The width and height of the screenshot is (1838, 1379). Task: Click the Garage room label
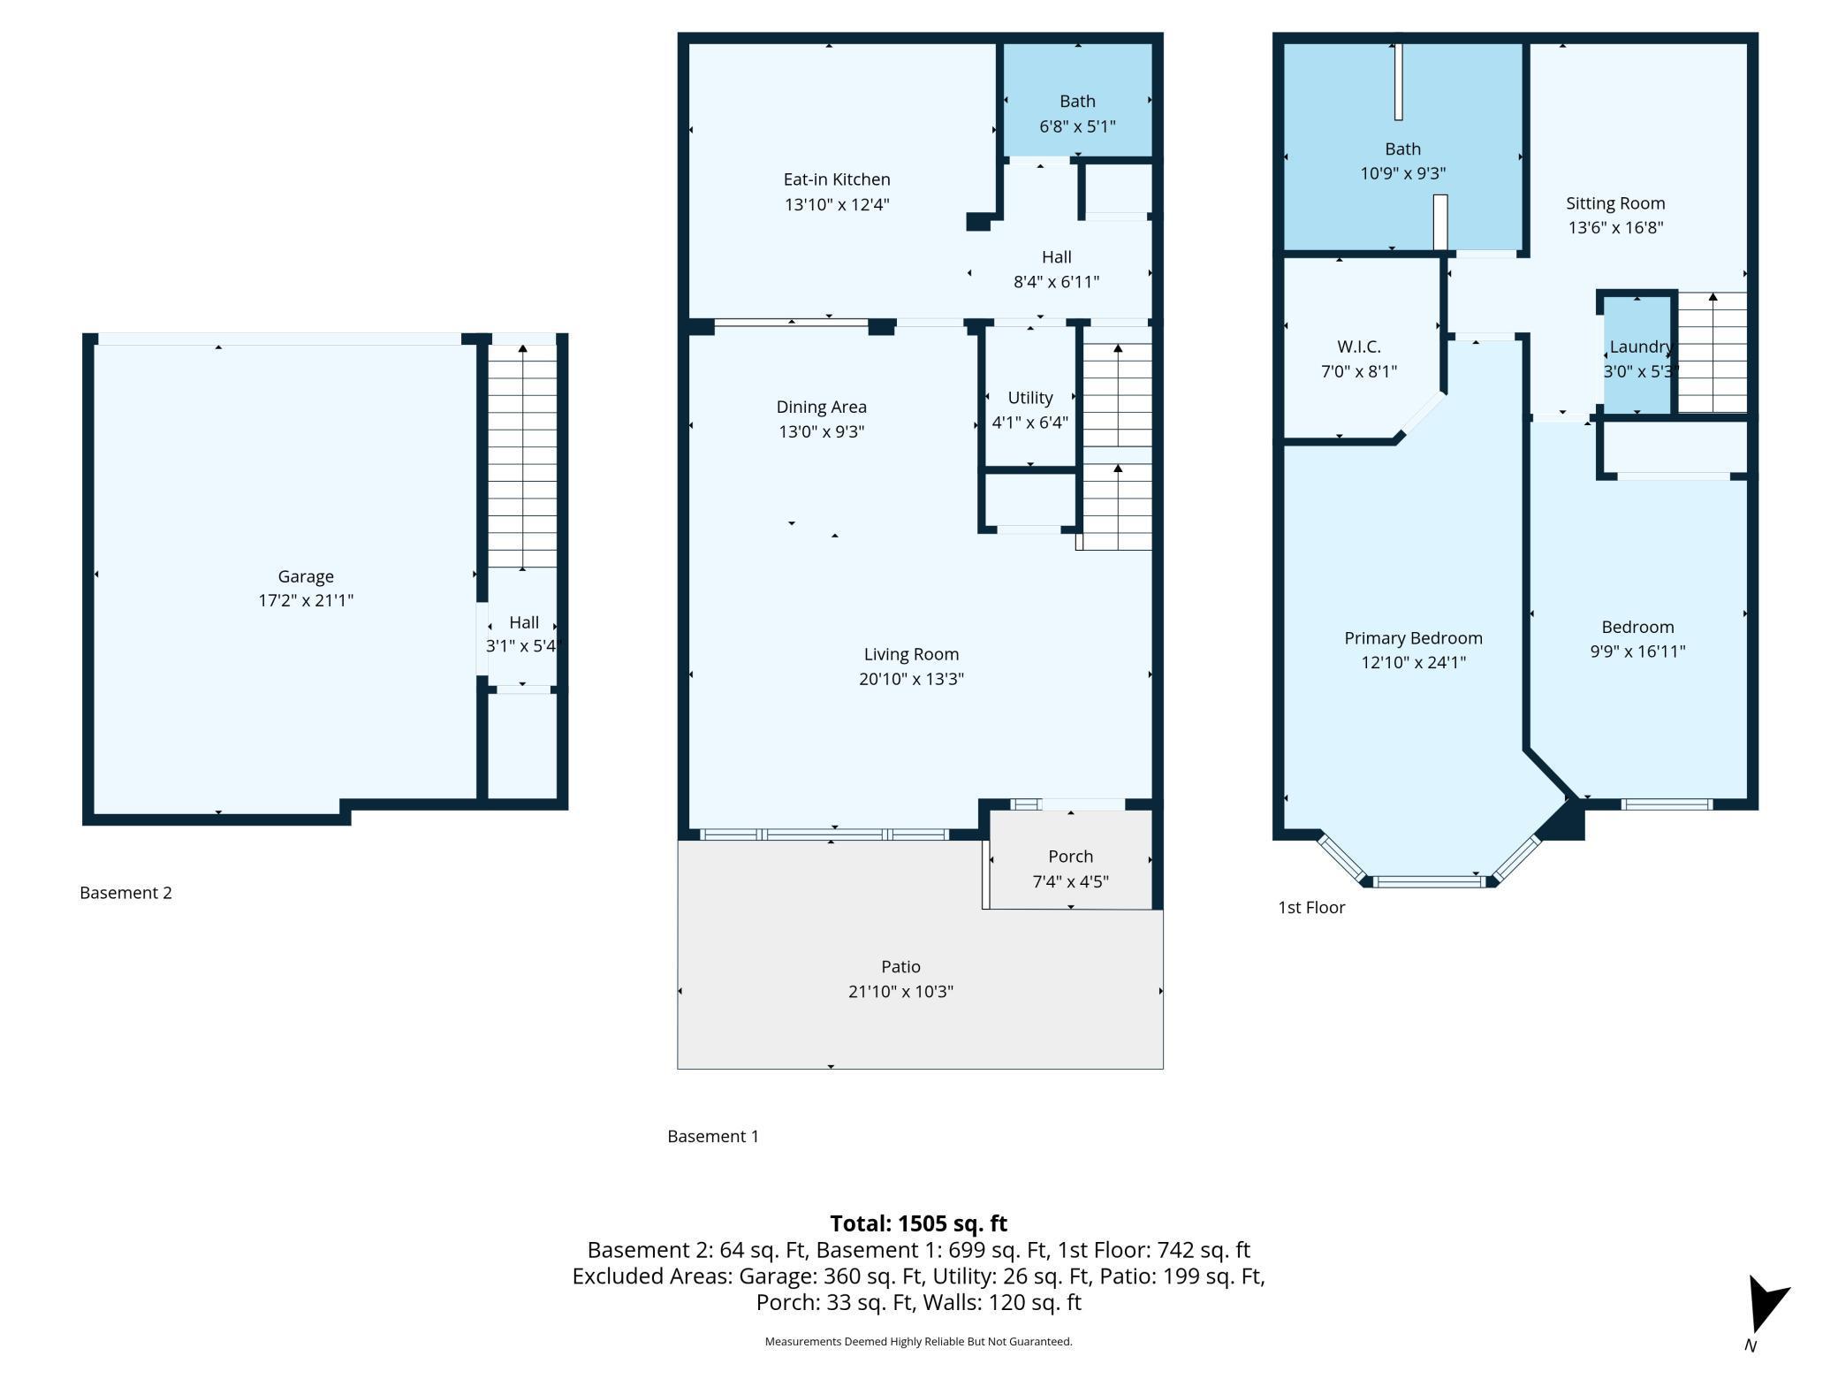point(306,576)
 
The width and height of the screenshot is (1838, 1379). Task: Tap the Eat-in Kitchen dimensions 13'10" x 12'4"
point(836,205)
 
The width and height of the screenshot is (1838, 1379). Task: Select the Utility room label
point(1029,398)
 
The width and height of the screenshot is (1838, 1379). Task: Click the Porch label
point(1070,857)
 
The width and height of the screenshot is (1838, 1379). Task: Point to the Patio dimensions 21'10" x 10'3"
point(900,992)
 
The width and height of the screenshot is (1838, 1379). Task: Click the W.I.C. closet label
point(1358,347)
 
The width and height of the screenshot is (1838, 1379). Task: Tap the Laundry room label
point(1639,347)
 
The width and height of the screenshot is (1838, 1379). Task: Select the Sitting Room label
point(1614,203)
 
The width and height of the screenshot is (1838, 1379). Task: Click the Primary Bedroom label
point(1412,638)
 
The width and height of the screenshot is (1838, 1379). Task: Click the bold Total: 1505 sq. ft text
point(918,1223)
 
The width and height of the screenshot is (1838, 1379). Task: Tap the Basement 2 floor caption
point(125,893)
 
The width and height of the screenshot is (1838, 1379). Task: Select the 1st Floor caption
point(1310,908)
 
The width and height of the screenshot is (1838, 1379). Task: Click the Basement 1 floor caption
point(712,1137)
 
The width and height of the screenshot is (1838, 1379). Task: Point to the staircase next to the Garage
point(522,455)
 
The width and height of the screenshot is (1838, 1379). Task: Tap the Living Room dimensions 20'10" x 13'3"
point(910,679)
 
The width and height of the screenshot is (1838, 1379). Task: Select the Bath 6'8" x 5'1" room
point(1076,101)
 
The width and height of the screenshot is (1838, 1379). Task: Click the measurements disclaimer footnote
point(918,1342)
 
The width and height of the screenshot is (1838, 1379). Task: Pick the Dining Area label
point(821,408)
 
